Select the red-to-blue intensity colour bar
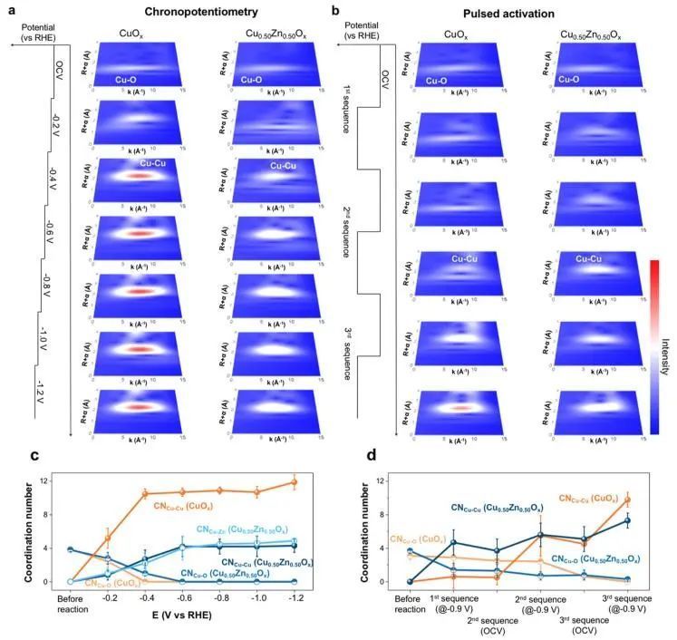click(x=653, y=346)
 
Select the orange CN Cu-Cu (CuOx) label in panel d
click(x=574, y=498)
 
